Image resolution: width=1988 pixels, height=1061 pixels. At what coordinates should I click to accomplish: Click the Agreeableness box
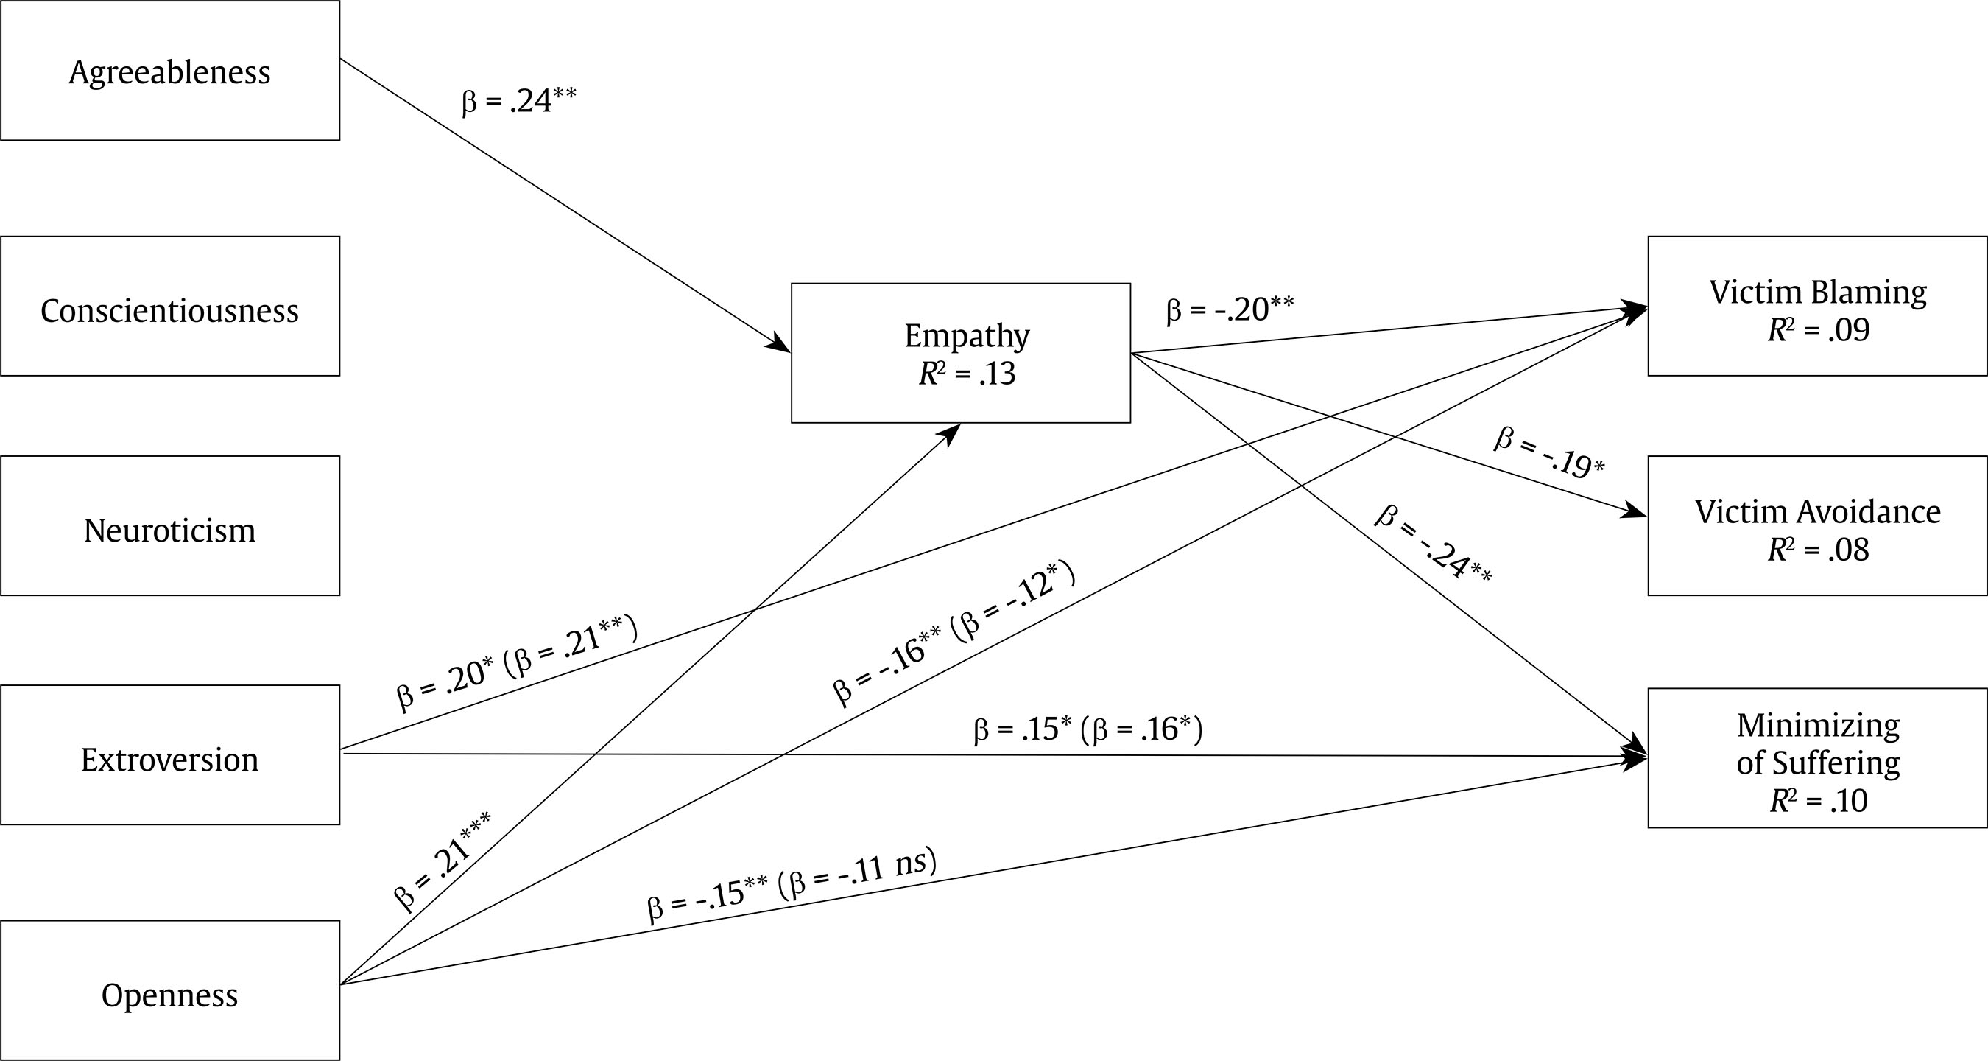pos(170,71)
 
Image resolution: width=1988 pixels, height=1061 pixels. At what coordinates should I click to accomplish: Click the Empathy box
pos(961,353)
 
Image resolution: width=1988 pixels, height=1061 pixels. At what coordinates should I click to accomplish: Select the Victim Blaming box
pos(1817,307)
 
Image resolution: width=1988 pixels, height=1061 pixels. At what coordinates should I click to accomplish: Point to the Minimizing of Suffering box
pos(1817,758)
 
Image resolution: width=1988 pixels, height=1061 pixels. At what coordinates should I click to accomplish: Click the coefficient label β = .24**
pos(518,101)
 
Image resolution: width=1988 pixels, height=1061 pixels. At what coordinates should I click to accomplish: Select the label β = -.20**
pos(1230,309)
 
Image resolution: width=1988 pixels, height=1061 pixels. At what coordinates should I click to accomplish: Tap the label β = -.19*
pos(1549,452)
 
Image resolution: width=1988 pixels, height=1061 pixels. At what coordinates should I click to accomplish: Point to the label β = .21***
pos(443,861)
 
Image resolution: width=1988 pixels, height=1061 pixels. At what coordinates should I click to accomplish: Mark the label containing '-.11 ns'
pos(792,885)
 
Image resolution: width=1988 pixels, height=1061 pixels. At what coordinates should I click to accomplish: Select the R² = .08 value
pos(1818,550)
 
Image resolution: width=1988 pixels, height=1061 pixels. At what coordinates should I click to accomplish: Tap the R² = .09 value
pos(1818,331)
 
